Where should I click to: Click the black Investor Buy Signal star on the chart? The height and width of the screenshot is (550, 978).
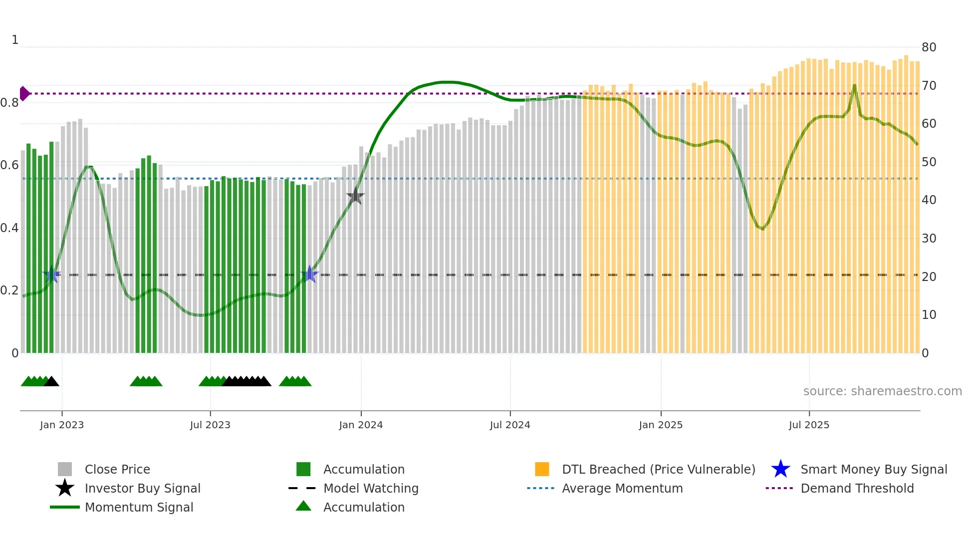[355, 196]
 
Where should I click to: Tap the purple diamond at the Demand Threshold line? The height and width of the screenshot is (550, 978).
[24, 93]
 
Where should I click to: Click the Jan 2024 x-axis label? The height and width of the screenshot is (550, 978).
[361, 425]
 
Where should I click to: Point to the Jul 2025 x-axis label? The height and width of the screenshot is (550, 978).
[809, 425]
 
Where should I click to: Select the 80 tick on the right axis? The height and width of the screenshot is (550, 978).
[929, 47]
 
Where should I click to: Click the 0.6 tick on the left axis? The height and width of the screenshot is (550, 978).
[9, 165]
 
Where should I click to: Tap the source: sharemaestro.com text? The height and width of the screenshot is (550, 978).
[882, 391]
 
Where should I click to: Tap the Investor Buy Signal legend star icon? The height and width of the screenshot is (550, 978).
[65, 488]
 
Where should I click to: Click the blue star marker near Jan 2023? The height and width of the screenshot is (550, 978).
[51, 275]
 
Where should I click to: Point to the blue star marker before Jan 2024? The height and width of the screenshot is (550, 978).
[309, 275]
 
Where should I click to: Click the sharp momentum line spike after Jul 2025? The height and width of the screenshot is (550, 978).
[854, 86]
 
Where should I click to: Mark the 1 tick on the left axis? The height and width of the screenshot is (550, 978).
[15, 40]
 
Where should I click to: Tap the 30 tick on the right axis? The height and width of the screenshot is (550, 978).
[929, 239]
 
